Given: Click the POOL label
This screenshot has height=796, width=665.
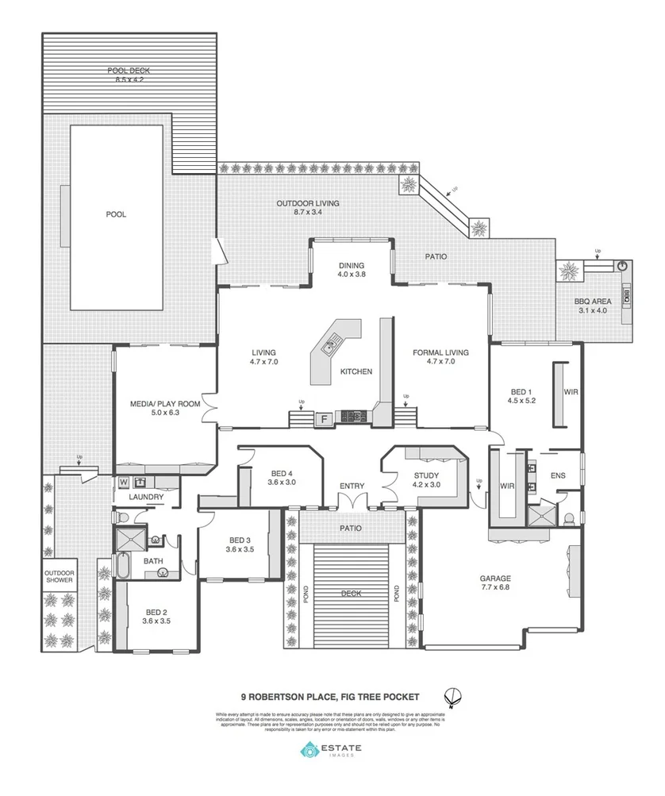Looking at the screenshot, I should [x=117, y=214].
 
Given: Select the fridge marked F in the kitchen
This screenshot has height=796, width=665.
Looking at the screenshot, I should [x=324, y=418].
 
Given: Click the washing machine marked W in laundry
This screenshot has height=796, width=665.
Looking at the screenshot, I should [x=124, y=482].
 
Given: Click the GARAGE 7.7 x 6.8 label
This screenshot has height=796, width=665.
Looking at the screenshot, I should [x=495, y=583].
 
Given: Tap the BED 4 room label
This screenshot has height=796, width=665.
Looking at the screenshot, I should [x=283, y=477].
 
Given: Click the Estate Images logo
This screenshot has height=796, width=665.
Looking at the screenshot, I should [x=331, y=750].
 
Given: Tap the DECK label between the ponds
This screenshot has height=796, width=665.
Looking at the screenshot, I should [x=351, y=593].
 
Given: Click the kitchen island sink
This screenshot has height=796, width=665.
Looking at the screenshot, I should [x=330, y=344].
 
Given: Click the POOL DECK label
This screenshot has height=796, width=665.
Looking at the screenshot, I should [x=129, y=75].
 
